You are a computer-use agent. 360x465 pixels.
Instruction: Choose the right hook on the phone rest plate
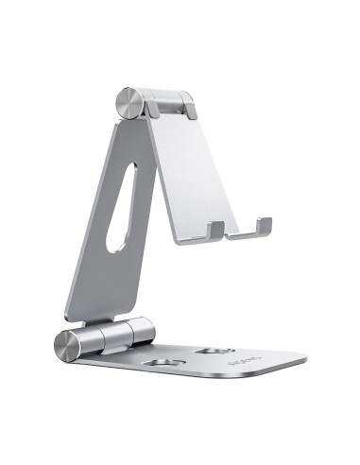[x=263, y=228]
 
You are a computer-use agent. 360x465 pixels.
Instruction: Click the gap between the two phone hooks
[x=238, y=232]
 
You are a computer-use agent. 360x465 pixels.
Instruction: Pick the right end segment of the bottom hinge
[x=145, y=328]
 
